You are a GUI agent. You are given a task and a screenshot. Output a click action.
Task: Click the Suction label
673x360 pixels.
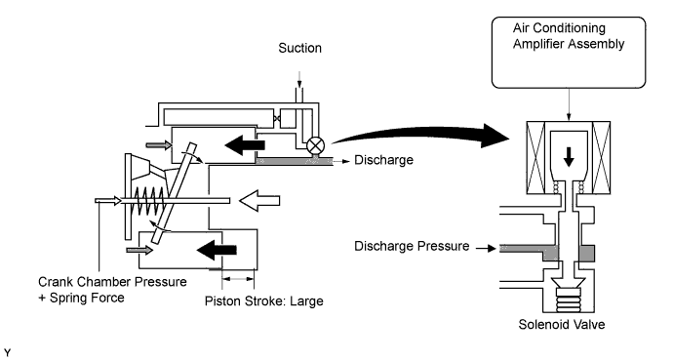299,48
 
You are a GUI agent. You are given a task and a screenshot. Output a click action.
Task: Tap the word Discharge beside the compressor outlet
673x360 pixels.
383,160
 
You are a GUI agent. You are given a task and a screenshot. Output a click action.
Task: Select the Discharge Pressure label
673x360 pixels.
412,246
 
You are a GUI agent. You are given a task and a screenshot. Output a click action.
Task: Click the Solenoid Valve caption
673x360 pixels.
562,324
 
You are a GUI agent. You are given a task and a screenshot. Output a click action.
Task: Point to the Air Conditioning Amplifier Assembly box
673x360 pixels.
569,53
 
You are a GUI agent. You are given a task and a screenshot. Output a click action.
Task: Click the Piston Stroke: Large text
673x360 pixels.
264,301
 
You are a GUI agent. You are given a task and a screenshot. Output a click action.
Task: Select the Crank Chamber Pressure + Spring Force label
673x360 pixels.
112,290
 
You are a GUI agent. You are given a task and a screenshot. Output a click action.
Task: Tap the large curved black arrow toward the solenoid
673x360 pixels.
420,136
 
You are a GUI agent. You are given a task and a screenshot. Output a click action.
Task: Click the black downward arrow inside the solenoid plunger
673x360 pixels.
569,157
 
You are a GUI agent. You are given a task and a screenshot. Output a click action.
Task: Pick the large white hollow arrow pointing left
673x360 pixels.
259,200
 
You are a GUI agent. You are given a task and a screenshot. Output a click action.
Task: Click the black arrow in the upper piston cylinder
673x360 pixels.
245,144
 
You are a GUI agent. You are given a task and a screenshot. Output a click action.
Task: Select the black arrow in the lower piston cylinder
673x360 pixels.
217,250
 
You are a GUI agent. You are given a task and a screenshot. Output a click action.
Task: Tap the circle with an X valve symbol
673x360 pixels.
315,146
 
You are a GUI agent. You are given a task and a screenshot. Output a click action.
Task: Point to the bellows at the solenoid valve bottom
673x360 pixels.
569,300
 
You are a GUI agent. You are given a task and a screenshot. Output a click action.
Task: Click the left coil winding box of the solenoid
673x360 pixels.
535,157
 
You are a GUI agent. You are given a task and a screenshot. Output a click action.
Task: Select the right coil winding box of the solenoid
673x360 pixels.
602,157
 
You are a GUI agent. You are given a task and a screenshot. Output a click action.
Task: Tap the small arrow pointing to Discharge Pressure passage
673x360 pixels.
487,248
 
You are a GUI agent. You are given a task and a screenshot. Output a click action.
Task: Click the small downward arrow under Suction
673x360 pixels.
299,79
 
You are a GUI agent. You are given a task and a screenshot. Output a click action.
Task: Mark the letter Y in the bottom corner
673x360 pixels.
7,353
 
